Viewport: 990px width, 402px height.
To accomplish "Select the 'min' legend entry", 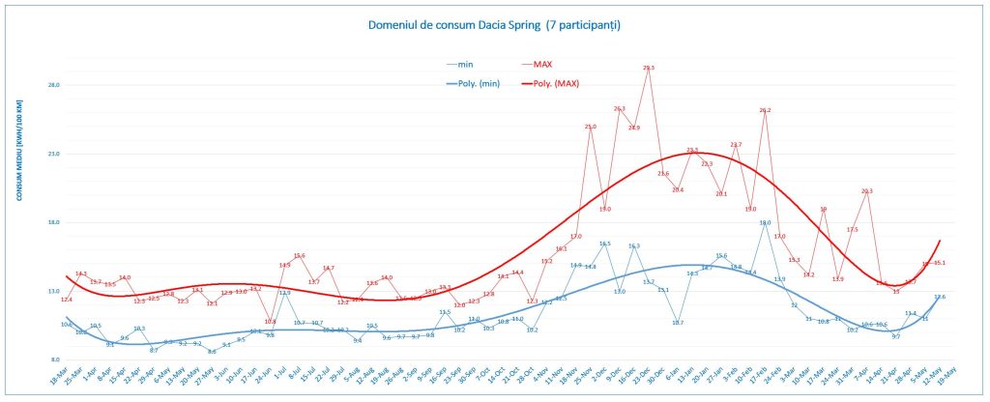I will (x=465, y=65).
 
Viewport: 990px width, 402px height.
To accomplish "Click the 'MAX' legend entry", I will (x=541, y=65).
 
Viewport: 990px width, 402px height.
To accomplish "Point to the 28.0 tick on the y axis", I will (x=54, y=85).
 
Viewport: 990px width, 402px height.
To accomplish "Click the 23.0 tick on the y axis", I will (x=54, y=154).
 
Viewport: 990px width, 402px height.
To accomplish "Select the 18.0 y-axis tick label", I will (x=54, y=222).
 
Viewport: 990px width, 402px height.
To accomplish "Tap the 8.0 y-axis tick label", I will (x=54, y=359).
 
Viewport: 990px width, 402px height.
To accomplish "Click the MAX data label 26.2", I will (x=765, y=110).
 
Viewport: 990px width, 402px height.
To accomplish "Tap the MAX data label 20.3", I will (x=866, y=190).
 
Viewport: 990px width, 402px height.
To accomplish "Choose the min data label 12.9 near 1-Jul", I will (x=284, y=292).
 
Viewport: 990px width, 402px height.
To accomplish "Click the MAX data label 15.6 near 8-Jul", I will (x=300, y=255).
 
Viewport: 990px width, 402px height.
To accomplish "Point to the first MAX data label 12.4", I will (x=66, y=300).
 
